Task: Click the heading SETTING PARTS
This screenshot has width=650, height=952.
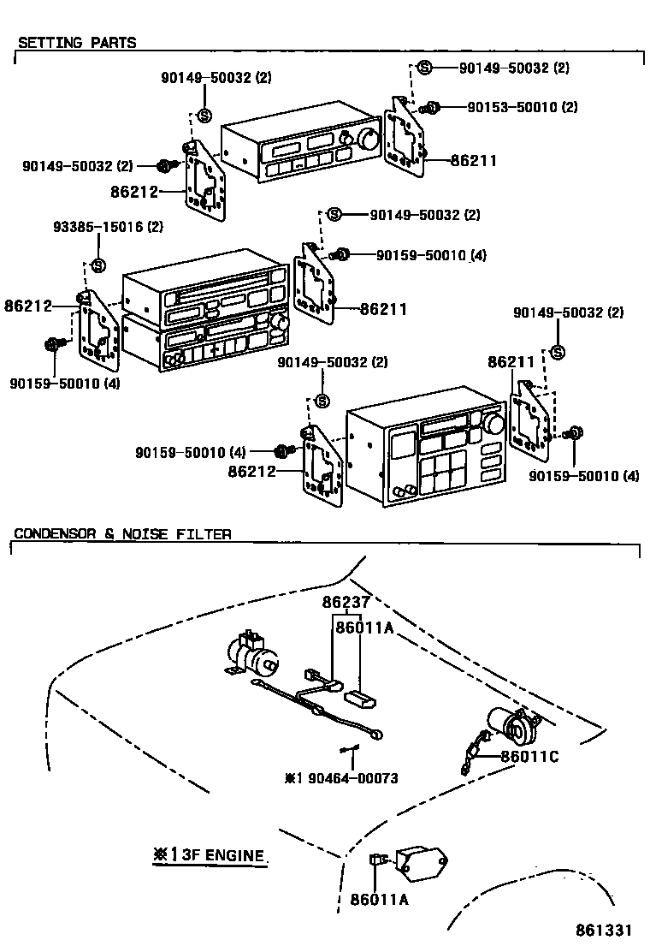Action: [x=77, y=42]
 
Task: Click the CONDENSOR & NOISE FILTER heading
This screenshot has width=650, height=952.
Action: [x=122, y=534]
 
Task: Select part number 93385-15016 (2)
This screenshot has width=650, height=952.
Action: [x=108, y=227]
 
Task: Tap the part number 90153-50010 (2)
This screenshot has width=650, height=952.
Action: [x=523, y=107]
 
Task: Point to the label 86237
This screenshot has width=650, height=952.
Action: [x=345, y=602]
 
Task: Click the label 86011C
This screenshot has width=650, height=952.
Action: [x=529, y=756]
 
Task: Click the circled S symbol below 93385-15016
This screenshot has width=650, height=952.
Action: [x=97, y=264]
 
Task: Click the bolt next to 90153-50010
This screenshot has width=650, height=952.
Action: [x=432, y=107]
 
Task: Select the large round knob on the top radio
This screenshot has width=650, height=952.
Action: [x=370, y=140]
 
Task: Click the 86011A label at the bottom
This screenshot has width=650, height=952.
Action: [x=379, y=900]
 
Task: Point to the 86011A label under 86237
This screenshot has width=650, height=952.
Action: [x=363, y=628]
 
